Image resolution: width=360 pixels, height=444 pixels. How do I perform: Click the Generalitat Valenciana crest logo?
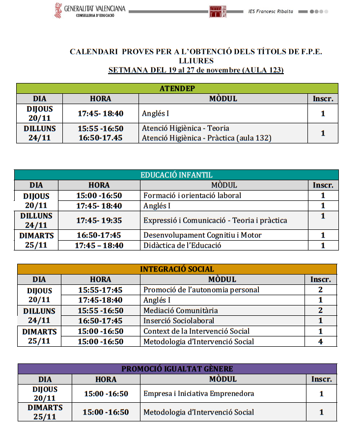[58, 10]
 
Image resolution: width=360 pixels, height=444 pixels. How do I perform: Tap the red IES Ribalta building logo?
[218, 11]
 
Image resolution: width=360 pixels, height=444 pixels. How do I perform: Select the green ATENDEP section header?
[177, 88]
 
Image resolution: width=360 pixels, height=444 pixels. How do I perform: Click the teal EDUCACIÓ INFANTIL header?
[176, 175]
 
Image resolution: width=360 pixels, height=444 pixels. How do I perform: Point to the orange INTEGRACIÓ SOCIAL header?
[177, 269]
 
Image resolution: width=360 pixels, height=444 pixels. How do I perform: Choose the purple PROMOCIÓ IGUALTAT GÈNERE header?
[177, 369]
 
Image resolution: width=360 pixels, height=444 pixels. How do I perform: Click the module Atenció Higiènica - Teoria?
[185, 128]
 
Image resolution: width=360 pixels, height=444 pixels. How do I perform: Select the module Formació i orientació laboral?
[192, 195]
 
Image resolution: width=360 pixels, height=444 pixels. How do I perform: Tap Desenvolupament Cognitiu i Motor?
[202, 235]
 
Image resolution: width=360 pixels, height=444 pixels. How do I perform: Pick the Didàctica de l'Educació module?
[182, 246]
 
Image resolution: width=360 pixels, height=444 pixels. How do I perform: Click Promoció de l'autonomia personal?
[201, 290]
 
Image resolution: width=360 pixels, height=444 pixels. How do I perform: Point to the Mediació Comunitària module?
[180, 310]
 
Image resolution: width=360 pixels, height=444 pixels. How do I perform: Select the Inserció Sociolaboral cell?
[179, 321]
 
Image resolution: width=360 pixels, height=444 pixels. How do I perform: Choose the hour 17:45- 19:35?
[99, 221]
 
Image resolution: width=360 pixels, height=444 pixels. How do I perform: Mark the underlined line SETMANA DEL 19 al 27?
[196, 70]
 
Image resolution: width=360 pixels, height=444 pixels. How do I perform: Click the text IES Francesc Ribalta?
[271, 11]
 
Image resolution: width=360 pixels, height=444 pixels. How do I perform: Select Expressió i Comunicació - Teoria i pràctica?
[215, 221]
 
